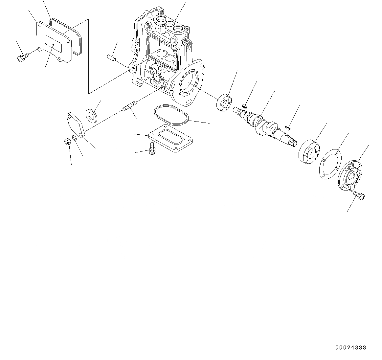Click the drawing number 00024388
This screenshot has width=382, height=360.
[x=350, y=348]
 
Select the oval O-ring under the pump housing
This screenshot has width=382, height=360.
[x=171, y=115]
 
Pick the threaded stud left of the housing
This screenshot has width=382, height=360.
[x=130, y=107]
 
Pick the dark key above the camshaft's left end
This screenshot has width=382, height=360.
[x=244, y=105]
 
